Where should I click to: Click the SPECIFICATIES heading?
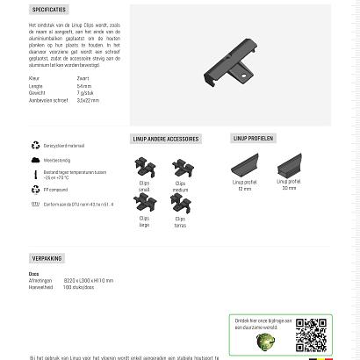tap(49, 10)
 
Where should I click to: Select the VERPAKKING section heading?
tap(47, 258)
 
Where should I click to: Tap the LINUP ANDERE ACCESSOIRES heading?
tap(165, 139)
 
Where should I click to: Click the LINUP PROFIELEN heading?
tap(253, 138)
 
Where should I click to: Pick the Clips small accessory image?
tap(145, 167)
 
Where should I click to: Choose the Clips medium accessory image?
tap(180, 167)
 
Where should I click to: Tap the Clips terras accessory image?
tap(180, 203)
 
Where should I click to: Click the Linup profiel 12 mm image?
tap(245, 164)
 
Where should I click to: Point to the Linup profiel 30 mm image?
tap(289, 164)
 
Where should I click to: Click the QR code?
tap(310, 334)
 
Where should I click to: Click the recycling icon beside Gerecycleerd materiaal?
tap(36, 145)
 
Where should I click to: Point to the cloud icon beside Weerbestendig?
tap(36, 160)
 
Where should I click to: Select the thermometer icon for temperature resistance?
tap(36, 174)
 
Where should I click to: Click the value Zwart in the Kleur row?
tap(83, 78)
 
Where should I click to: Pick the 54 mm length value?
tap(84, 86)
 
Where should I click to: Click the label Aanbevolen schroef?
tap(48, 100)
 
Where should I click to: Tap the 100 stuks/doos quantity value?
tap(78, 287)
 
